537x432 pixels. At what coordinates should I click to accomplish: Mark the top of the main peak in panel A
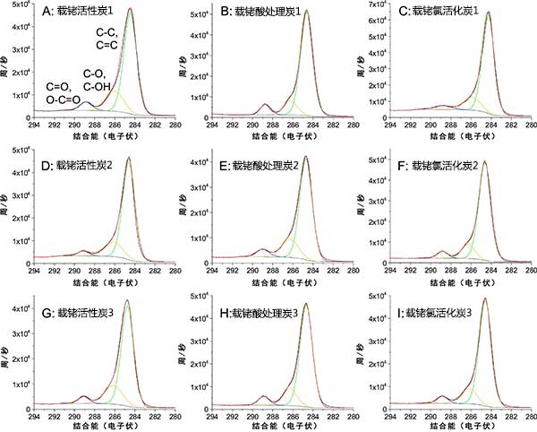pyautogui.click(x=130, y=10)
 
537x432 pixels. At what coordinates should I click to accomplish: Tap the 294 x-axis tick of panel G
pyautogui.click(x=34, y=417)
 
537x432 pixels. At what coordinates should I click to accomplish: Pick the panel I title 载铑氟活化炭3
pyautogui.click(x=441, y=313)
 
